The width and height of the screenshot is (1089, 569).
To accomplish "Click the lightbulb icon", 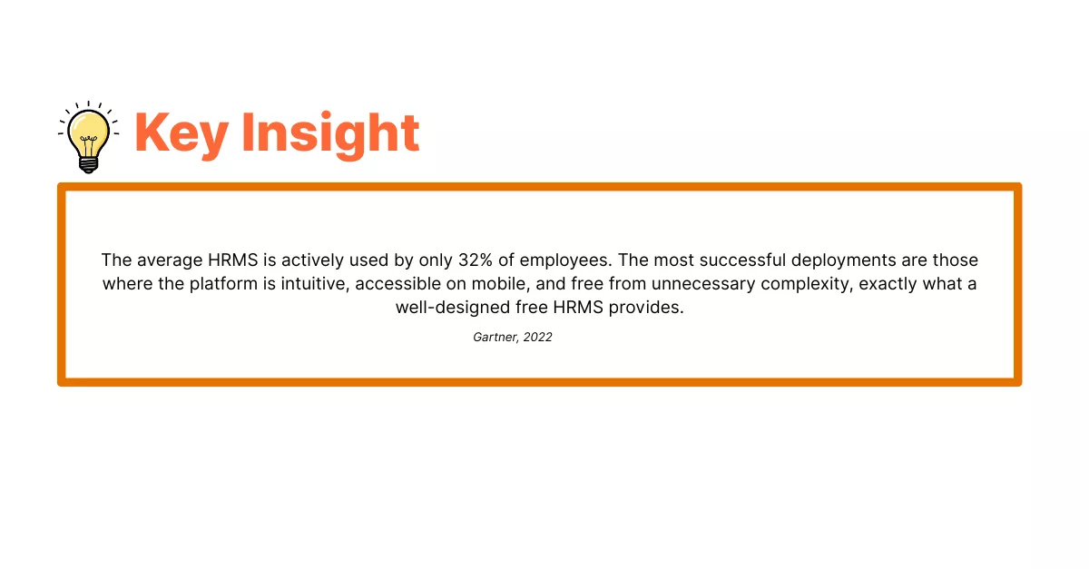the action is point(89,137).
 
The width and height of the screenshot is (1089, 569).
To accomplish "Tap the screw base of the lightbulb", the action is point(89,165).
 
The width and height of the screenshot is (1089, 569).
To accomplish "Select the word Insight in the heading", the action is point(330,133).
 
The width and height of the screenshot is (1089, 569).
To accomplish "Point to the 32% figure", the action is point(476,260).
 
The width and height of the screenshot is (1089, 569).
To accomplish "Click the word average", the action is point(170,260).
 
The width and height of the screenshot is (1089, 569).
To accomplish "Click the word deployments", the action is point(843,261).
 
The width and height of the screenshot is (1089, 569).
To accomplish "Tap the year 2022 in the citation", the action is point(537,338).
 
